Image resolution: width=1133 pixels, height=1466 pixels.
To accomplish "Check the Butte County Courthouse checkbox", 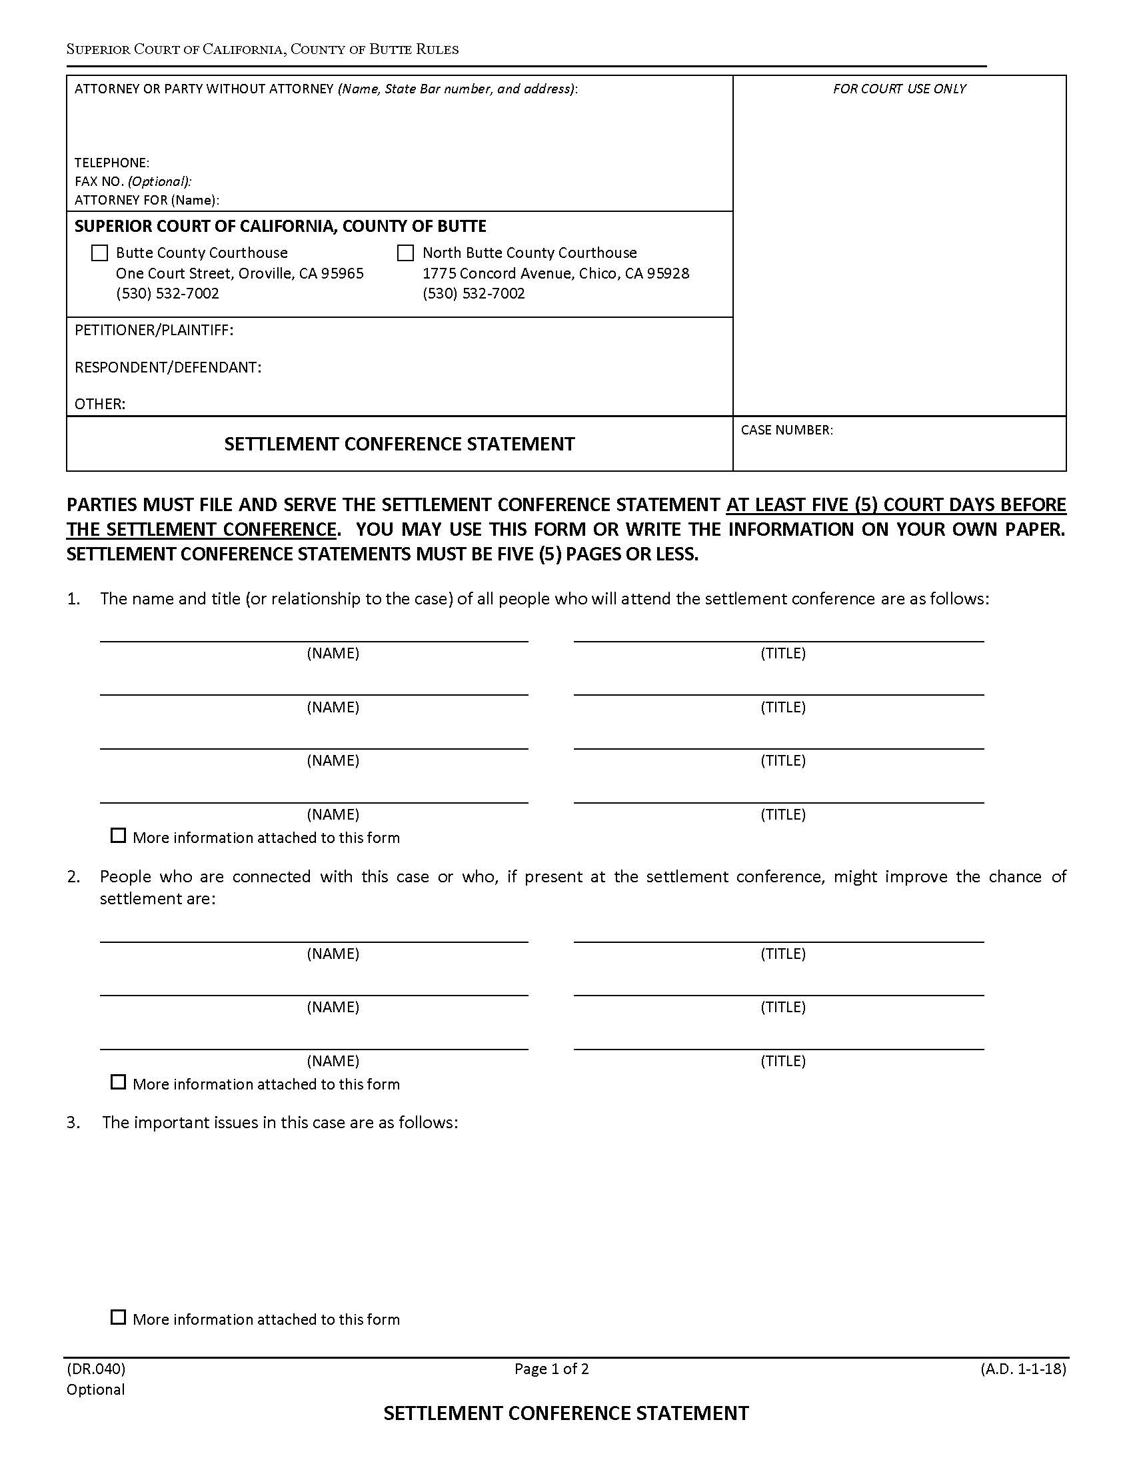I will coord(99,253).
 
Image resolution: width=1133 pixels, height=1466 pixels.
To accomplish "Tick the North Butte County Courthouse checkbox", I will coord(405,253).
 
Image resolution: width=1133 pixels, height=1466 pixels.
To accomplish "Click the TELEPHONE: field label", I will coord(111,163).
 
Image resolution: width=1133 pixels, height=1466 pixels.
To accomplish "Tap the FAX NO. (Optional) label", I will coord(133,181).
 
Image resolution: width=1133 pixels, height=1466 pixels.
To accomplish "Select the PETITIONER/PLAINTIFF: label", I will coord(154,331).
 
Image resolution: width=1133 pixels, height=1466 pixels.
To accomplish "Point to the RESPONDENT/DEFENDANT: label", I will coord(168,367).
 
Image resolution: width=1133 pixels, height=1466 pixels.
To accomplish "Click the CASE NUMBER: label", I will coord(786,430).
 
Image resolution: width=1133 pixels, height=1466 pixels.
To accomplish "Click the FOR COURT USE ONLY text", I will coord(900,89).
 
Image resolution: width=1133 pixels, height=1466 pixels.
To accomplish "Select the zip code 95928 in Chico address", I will coord(668,274).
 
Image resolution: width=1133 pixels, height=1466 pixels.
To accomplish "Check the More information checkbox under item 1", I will coord(118,836).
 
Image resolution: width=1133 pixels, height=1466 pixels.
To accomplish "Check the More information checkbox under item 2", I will coord(118,1082).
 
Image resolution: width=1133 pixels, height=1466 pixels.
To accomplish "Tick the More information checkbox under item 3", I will coord(118,1317).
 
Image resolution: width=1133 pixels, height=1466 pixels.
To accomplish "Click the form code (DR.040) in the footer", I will coord(96,1369).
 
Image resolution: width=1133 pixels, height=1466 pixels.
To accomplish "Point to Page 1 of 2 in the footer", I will coord(552,1369).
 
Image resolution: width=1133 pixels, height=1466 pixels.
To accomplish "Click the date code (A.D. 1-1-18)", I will coord(1023,1369).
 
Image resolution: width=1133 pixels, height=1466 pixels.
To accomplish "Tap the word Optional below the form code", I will coord(95,1389).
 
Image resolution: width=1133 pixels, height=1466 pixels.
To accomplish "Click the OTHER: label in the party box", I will coord(100,404).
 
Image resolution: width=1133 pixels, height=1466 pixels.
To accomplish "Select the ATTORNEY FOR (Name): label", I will coord(147,200).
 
